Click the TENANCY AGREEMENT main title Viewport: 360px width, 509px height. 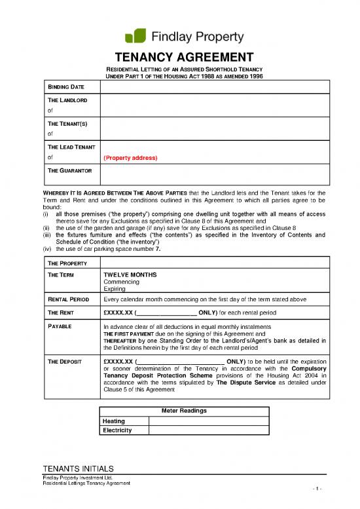pos(179,57)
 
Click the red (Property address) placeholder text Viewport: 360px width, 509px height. pos(130,157)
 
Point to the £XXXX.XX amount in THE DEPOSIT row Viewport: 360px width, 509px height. pos(118,361)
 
